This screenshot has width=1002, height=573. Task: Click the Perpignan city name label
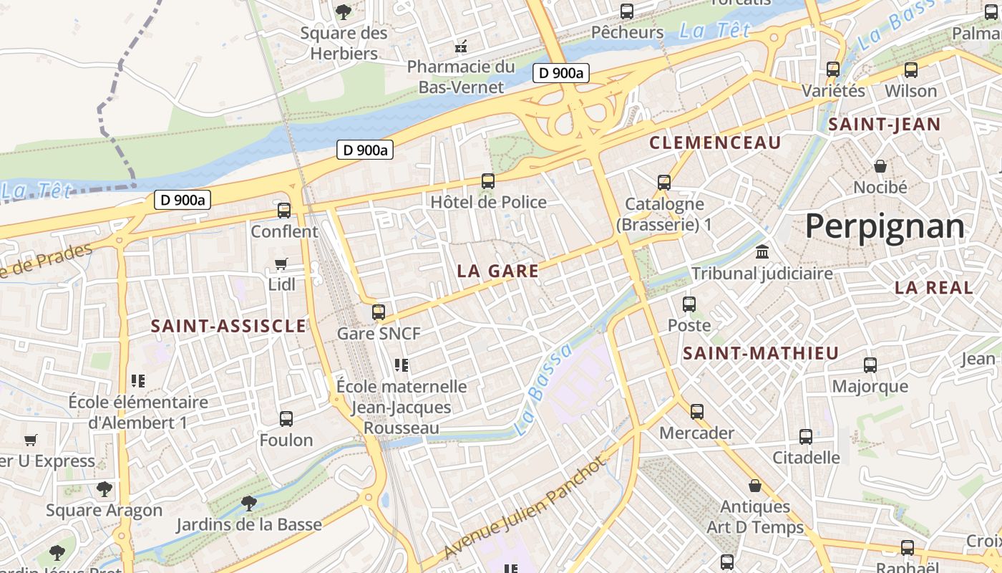coord(885,226)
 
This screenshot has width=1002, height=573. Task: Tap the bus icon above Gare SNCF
coord(379,312)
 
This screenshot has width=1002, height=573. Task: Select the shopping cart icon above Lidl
coord(281,264)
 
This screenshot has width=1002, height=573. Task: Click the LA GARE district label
coord(497,271)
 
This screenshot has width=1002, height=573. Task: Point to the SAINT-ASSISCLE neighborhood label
coord(228,327)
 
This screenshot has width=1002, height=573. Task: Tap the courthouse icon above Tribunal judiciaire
coord(762,252)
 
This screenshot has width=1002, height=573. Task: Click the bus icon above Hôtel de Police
coord(488,181)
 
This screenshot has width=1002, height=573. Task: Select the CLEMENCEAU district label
coord(715,143)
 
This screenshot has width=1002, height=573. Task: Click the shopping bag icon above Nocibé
coord(880,166)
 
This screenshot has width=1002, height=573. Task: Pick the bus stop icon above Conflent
coord(284,211)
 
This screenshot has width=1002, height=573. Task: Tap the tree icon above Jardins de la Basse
coord(249,503)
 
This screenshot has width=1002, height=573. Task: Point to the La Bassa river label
coord(544,390)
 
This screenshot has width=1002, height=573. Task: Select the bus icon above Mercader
coord(697,412)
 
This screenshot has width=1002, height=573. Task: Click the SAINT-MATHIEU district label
coord(760,353)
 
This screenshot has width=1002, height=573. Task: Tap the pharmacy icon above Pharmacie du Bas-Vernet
coord(462,47)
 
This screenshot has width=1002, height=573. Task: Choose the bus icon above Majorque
coord(870,365)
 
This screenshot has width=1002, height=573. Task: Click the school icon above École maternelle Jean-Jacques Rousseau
coord(402,365)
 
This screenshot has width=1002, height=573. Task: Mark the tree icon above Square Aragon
coord(104,489)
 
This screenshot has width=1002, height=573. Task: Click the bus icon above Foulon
coord(286,419)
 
